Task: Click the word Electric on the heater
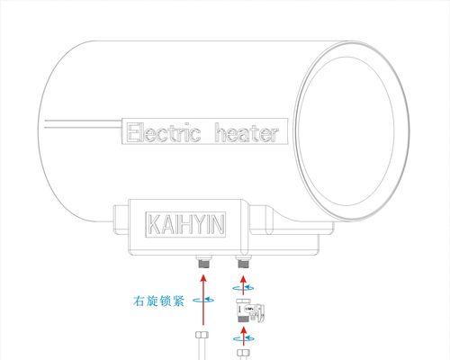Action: [164, 132]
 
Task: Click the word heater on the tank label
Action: [247, 132]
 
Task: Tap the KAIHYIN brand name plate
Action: [185, 224]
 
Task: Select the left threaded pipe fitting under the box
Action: [204, 262]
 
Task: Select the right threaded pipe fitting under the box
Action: [243, 262]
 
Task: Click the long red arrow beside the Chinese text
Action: [203, 300]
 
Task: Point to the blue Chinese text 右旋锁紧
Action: [158, 301]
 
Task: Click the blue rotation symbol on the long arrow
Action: [203, 300]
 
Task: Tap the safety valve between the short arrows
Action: [250, 311]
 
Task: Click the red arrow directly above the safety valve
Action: [243, 285]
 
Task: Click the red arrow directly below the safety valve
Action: [243, 336]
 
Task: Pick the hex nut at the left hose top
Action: [202, 335]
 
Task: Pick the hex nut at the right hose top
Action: [243, 353]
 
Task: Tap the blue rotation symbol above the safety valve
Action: [243, 288]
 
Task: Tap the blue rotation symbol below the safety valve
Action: [243, 338]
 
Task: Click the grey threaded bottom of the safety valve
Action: [242, 319]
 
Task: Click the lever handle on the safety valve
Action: [260, 313]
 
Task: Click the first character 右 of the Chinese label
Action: [139, 301]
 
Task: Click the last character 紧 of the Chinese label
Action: [178, 301]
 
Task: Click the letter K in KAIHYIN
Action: [154, 224]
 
